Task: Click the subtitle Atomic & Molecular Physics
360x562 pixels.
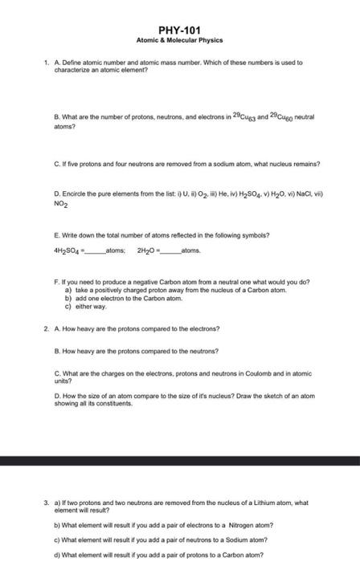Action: coord(179,39)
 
